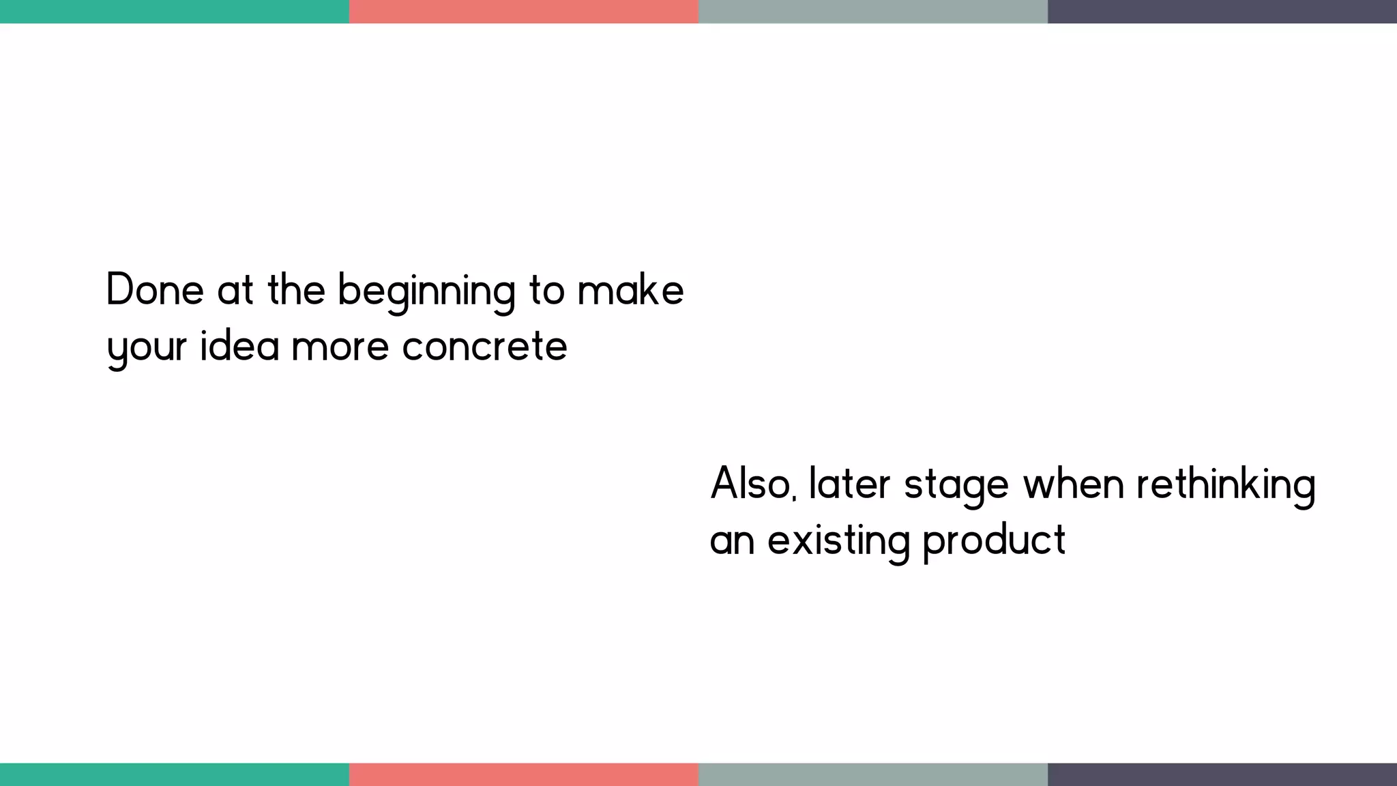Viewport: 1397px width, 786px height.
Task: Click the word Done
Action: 155,289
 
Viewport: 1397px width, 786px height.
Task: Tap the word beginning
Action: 426,292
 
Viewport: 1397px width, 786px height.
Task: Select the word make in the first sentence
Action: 630,289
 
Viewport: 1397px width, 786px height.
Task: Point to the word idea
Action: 239,345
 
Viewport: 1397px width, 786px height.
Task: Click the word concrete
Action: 484,346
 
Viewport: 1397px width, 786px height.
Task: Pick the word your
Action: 147,348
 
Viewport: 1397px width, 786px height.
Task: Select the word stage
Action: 956,486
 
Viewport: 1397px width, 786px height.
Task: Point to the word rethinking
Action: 1226,485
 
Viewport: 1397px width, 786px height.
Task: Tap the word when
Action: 1074,484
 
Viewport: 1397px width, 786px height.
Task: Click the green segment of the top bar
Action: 175,12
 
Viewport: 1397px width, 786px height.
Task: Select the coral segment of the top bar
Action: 524,12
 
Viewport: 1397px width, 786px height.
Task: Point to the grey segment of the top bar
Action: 873,12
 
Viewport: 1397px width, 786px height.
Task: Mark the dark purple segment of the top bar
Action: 1222,12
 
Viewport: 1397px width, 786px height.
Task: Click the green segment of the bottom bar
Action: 175,774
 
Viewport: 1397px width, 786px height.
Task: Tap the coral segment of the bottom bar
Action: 524,774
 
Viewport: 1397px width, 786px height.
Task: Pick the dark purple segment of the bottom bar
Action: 1222,774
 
